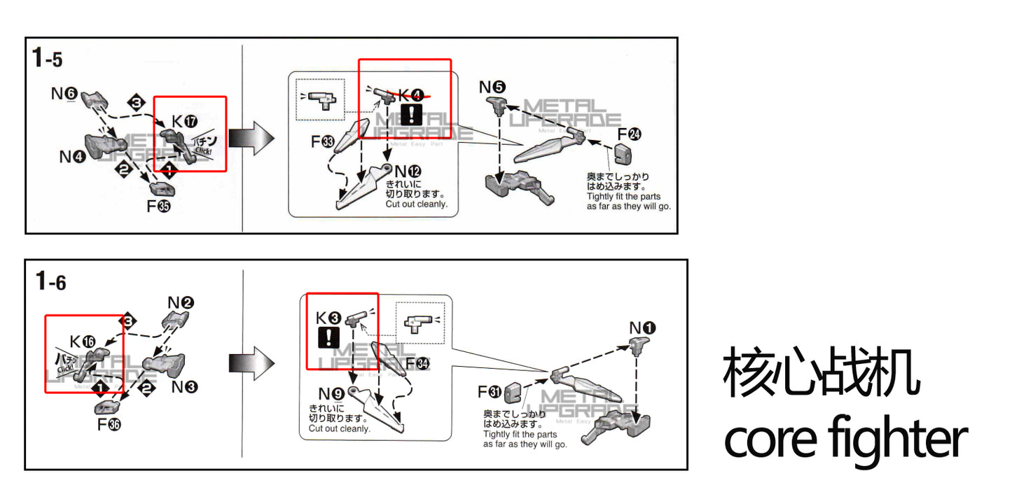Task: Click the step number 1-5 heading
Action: coord(47,59)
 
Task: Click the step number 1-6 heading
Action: coord(50,281)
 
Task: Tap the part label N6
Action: coord(66,93)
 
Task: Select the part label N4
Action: coord(71,156)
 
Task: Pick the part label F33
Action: coord(323,143)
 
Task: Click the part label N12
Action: coord(408,171)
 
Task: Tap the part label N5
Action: coord(492,87)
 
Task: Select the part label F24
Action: coord(629,135)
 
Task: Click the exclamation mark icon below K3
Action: coord(328,338)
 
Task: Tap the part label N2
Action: coord(181,302)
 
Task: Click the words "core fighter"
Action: coord(845,437)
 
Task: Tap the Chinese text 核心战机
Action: coord(821,372)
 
